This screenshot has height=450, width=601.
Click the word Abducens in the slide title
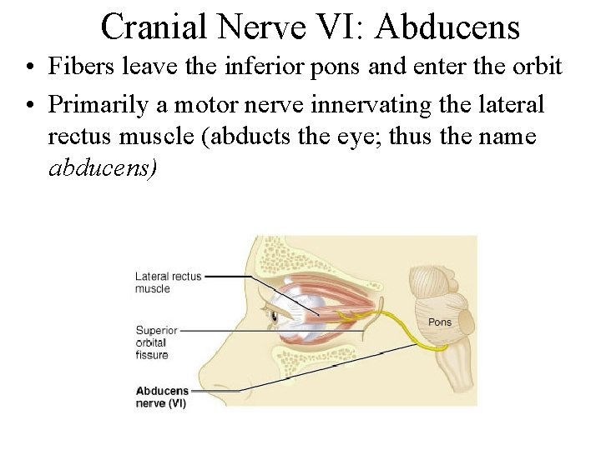pyautogui.click(x=447, y=27)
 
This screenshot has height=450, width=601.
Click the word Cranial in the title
pyautogui.click(x=154, y=27)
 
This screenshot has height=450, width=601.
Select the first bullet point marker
pyautogui.click(x=29, y=66)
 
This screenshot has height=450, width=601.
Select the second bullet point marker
pyautogui.click(x=29, y=106)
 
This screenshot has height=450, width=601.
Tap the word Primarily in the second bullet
pyautogui.click(x=96, y=105)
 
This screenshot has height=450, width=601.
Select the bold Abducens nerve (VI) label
pyautogui.click(x=162, y=396)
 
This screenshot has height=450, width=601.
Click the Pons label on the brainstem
pyautogui.click(x=439, y=322)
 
